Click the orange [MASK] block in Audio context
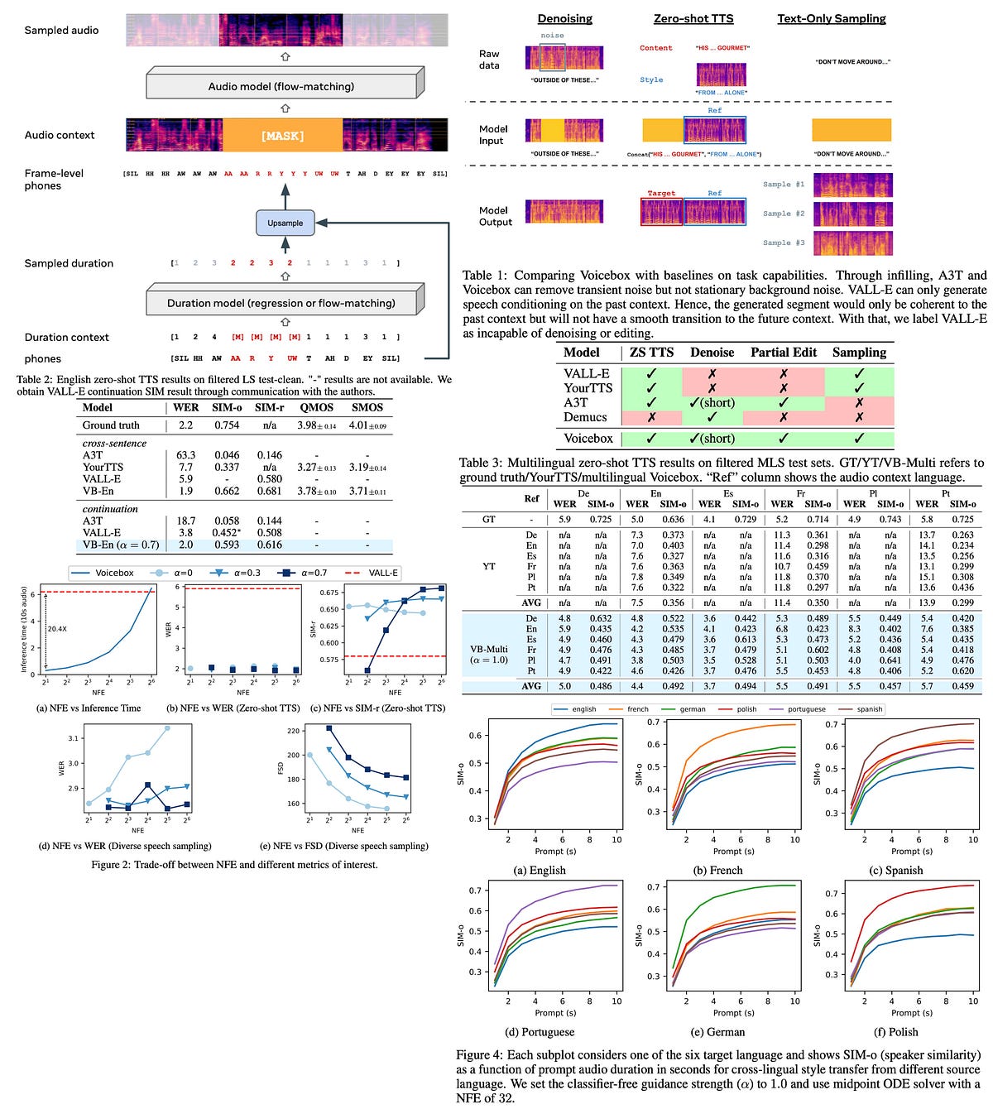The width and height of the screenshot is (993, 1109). pos(282,135)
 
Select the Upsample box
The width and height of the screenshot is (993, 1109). pos(285,223)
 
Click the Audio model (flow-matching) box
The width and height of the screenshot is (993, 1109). pos(281,86)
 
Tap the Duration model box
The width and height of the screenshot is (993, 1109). pos(281,303)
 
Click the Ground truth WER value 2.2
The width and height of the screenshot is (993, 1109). pos(185,425)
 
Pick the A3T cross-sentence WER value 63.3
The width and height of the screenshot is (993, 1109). pos(185,455)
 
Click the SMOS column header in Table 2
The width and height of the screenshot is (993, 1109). pos(367,407)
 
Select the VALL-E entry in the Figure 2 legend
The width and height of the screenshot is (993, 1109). pos(383,573)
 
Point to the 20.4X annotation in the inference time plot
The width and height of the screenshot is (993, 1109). pos(56,629)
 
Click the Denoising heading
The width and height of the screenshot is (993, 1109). pos(564,18)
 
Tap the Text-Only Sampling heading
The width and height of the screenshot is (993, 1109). pos(831,18)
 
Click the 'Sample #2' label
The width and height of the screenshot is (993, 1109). pos(783,214)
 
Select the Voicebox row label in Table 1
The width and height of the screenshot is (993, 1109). pos(588,439)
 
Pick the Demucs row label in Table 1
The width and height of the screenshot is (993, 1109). pos(585,417)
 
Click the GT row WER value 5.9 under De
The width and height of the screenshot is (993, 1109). pos(564,519)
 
